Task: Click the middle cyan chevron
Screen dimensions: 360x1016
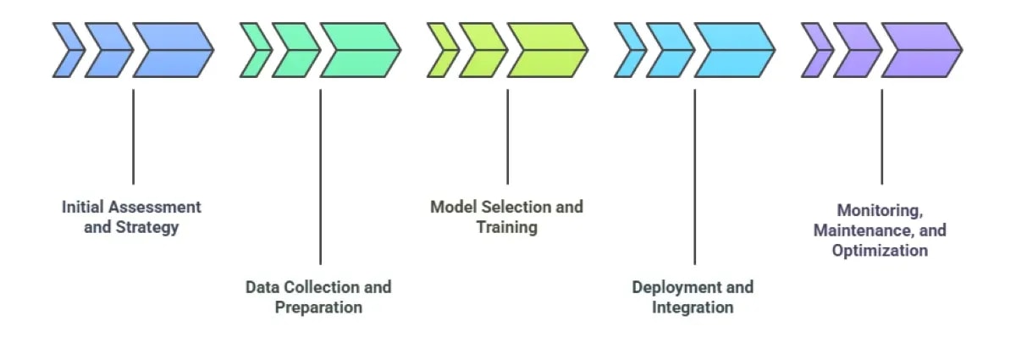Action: (670, 50)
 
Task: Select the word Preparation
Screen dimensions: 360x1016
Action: (318, 307)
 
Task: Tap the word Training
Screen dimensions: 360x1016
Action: (506, 228)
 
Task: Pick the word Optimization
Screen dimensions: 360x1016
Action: (880, 251)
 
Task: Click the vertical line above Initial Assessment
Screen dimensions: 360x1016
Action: (133, 136)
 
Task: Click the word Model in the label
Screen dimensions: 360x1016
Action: (453, 208)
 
